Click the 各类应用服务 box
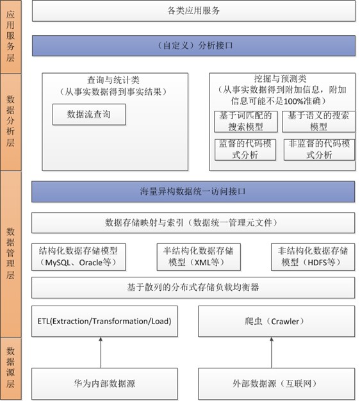click(193, 11)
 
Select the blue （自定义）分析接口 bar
click(193, 45)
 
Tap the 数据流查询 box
click(89, 114)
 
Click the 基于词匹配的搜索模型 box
click(246, 122)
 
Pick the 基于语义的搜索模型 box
click(318, 122)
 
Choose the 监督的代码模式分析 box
click(245, 150)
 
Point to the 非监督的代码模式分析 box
click(320, 150)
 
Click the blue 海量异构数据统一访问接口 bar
click(193, 192)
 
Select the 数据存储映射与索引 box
click(193, 223)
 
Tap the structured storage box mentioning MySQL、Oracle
click(79, 257)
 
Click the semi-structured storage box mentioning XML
click(199, 257)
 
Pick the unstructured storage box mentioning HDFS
click(313, 257)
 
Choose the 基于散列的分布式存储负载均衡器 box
click(193, 288)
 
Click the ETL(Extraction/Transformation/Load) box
click(104, 321)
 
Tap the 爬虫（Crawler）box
click(276, 321)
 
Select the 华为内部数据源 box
click(104, 384)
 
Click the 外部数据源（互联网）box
click(276, 384)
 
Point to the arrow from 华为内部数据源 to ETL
click(101, 352)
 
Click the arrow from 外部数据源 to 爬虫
click(272, 352)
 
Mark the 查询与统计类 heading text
click(113, 80)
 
